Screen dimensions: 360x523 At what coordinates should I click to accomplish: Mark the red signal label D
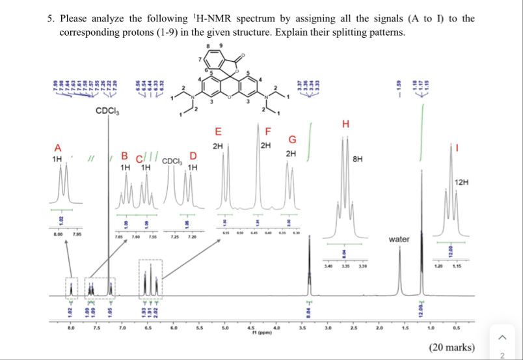[192, 154]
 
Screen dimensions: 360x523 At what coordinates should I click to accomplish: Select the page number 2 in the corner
[501, 355]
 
